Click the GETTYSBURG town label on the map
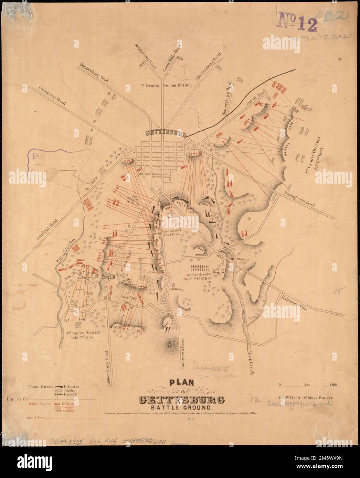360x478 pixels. point(166,134)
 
